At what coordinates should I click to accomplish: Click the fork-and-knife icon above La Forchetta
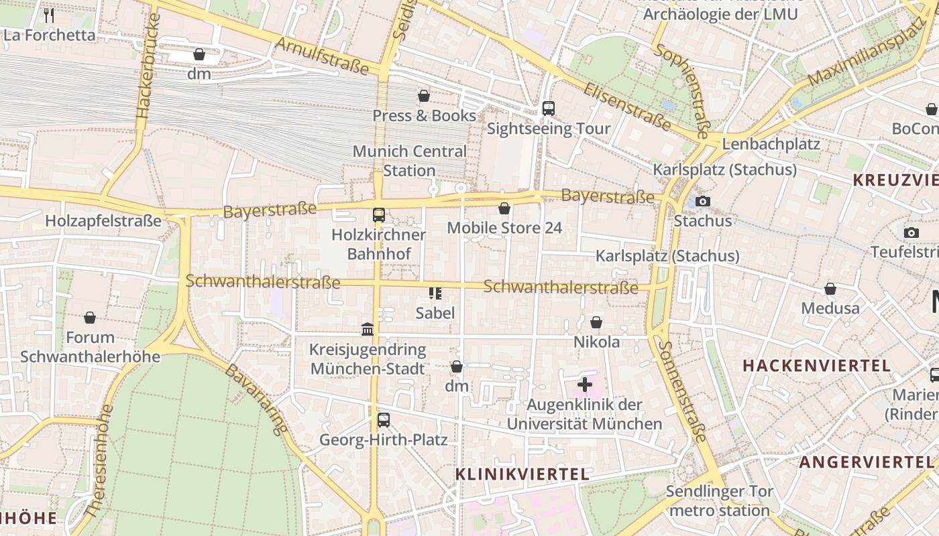click(48, 15)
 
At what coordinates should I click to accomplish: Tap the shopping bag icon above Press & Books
click(424, 96)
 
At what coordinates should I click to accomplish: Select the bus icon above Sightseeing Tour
click(549, 108)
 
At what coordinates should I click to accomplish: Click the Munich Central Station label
click(409, 161)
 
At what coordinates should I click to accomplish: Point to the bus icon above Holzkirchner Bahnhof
click(379, 215)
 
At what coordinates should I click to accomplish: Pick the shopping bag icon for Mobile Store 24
click(504, 209)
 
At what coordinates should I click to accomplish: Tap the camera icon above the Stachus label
click(702, 201)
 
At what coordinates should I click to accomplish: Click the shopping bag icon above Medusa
click(830, 289)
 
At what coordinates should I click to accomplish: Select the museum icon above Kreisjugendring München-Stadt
click(368, 329)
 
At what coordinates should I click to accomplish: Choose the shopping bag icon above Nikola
click(596, 322)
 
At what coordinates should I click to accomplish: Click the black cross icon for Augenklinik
click(585, 385)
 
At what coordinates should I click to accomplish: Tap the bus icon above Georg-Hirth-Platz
click(383, 420)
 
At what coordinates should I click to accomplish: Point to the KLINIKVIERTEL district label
click(522, 474)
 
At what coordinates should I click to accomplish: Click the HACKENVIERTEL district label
click(816, 366)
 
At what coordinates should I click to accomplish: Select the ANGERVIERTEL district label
click(866, 462)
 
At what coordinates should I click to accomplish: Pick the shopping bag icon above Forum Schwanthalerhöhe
click(90, 317)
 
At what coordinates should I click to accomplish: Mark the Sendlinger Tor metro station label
click(719, 501)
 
